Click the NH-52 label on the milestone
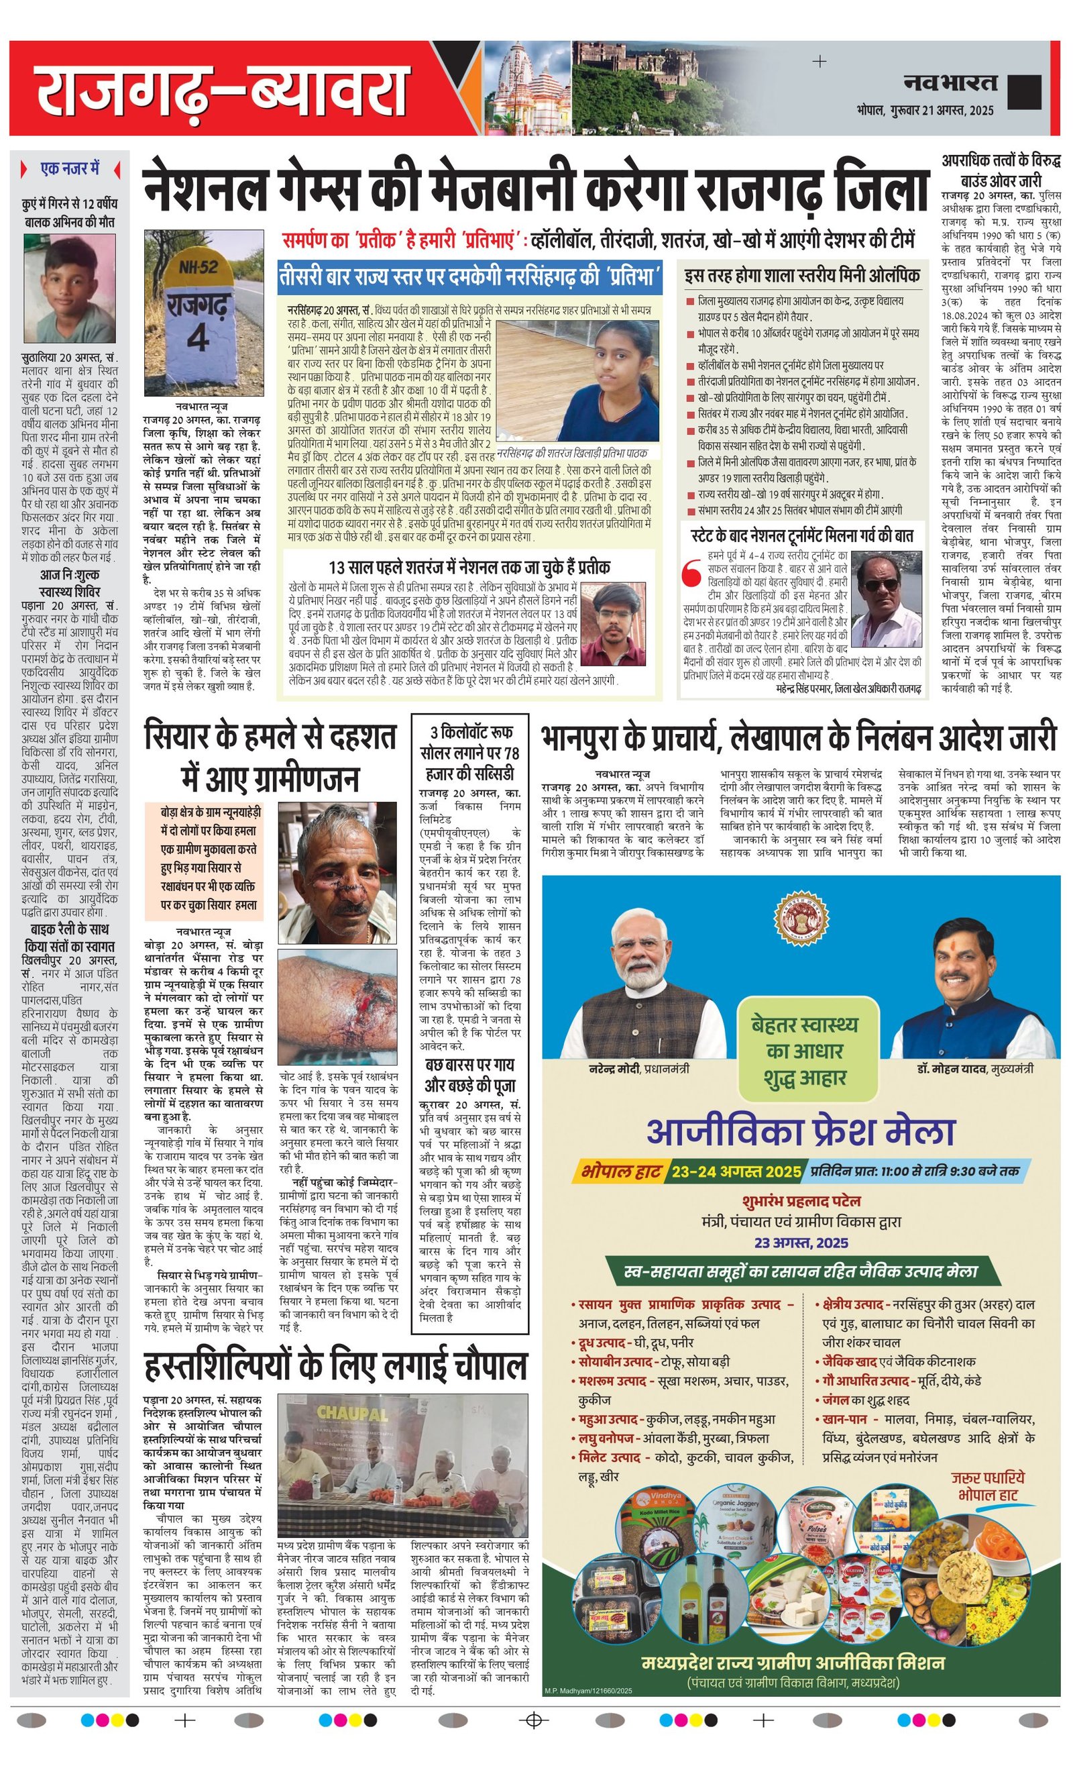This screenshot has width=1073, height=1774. click(198, 266)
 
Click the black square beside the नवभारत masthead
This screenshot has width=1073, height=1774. click(1024, 91)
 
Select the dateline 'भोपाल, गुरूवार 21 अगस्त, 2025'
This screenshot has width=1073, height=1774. click(925, 110)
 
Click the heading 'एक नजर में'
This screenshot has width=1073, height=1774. click(70, 168)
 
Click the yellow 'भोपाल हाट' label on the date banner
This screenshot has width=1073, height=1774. click(620, 1171)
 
